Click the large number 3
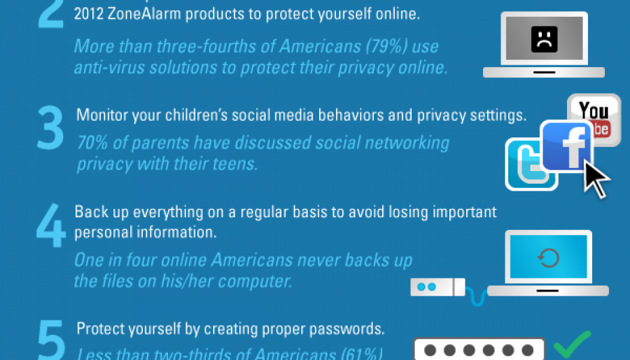point(50,128)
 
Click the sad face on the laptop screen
point(544,41)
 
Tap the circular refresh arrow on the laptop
point(548,258)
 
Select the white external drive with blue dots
point(437,287)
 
